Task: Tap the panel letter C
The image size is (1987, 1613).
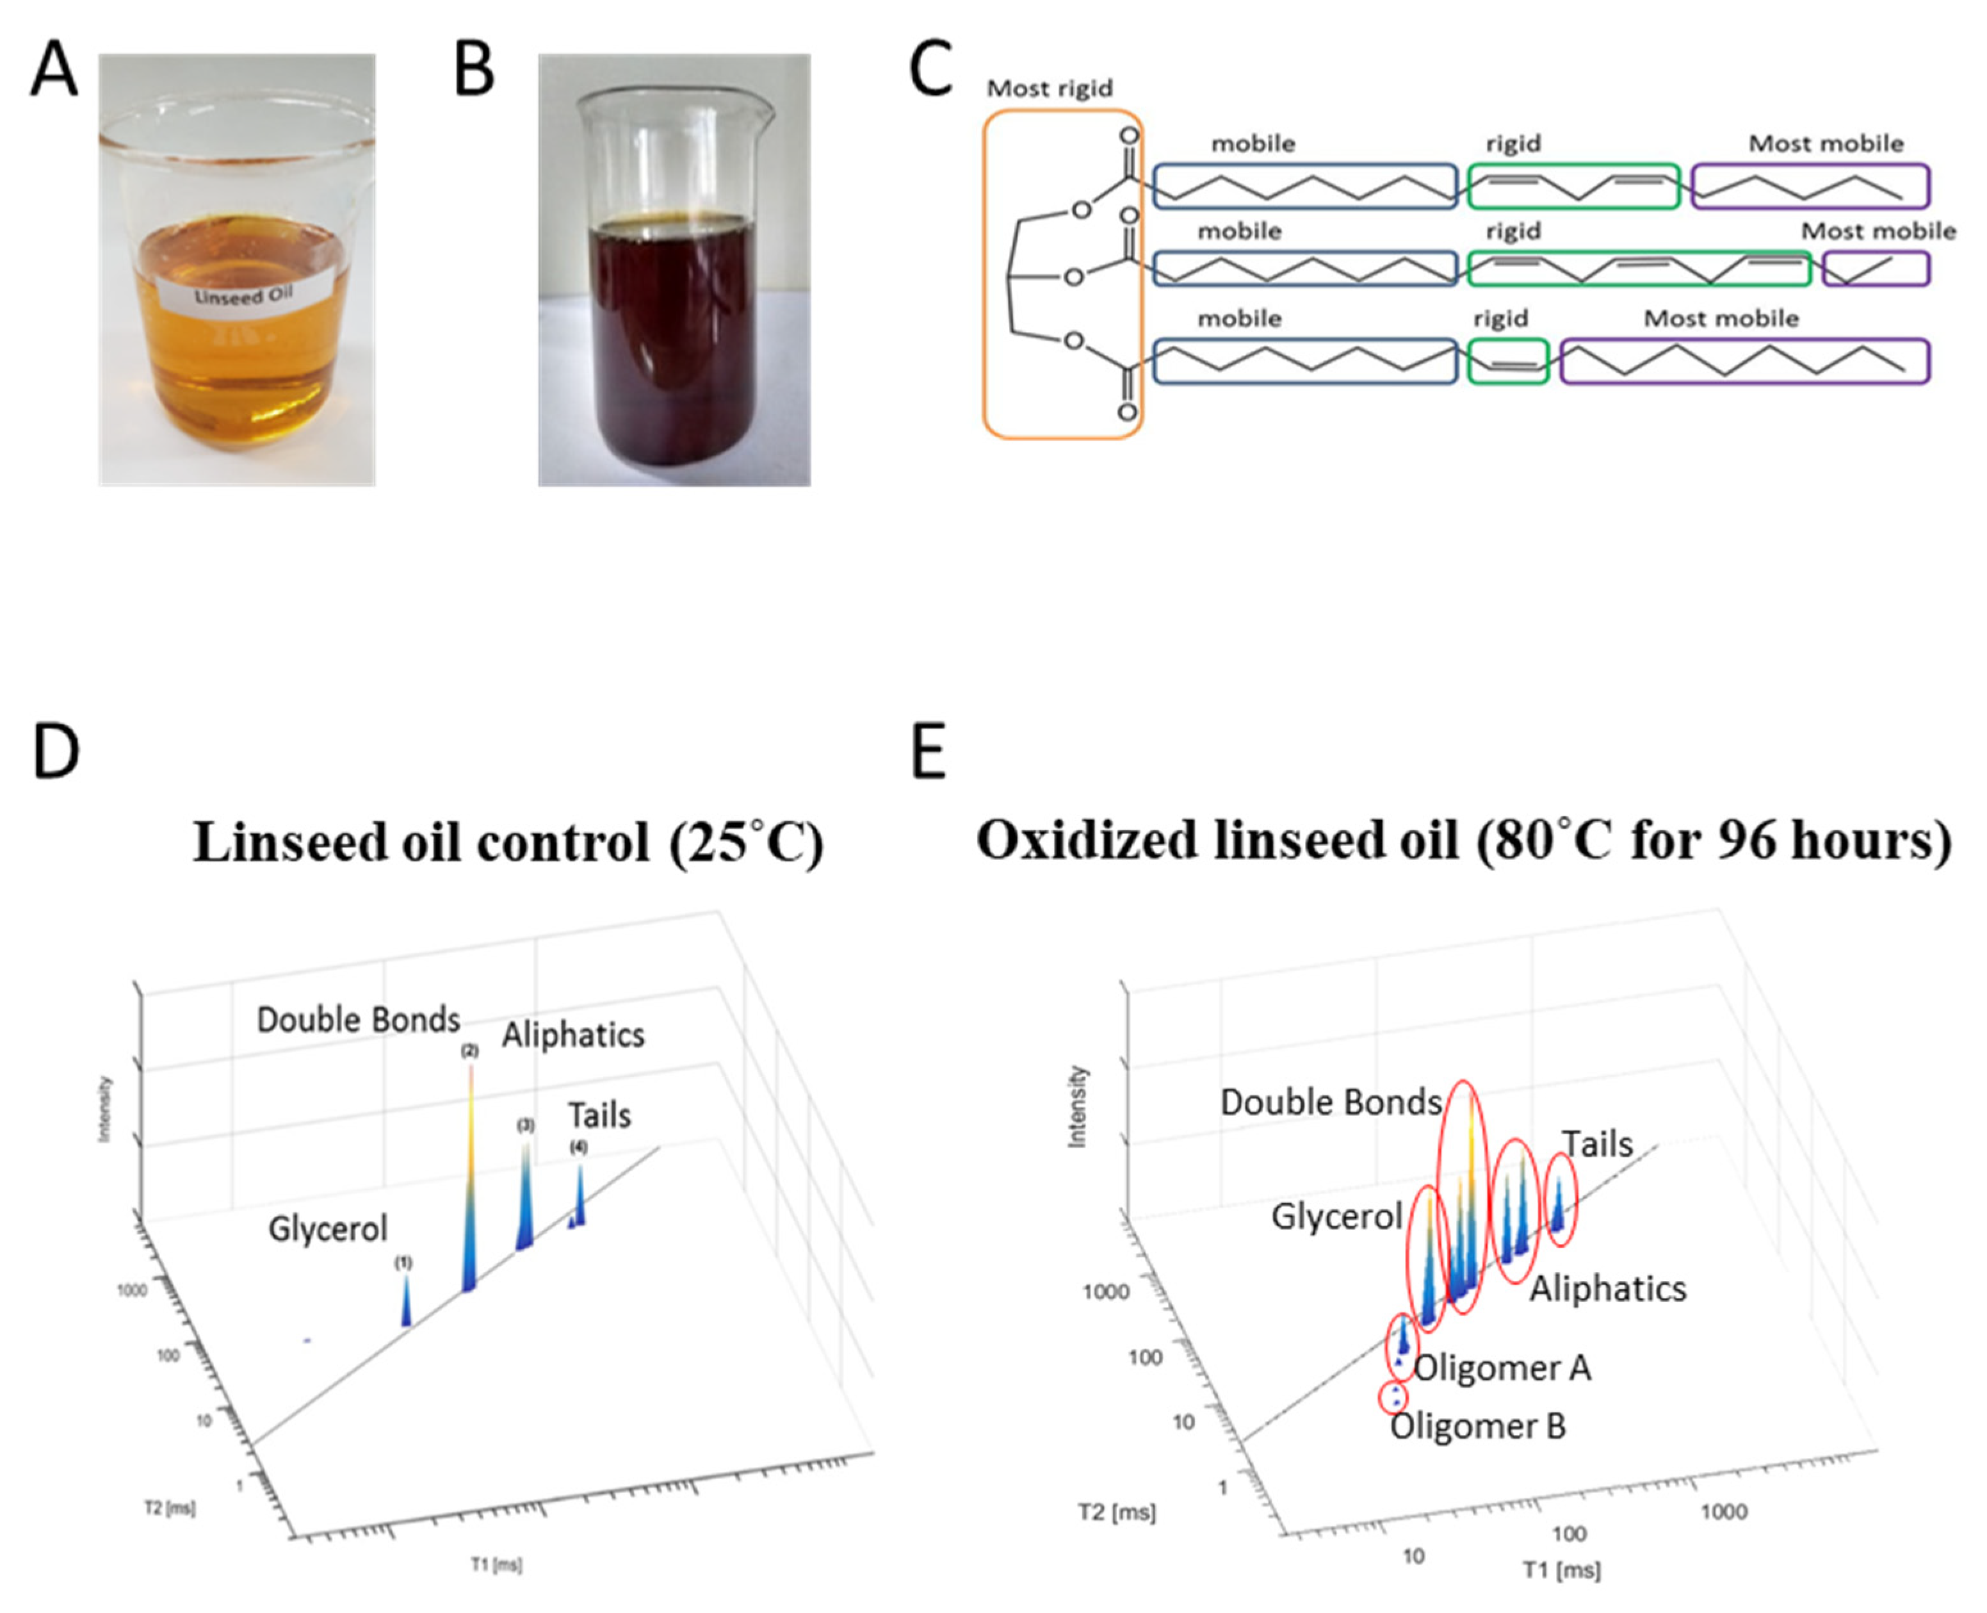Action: coord(930,70)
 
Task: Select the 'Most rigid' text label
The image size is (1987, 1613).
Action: coord(1049,88)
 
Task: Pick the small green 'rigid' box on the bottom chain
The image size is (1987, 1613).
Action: coord(1507,361)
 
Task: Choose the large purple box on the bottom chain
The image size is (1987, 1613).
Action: coord(1744,361)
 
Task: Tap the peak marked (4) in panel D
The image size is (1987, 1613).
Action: coord(580,1199)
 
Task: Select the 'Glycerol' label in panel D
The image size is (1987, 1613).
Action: coord(327,1229)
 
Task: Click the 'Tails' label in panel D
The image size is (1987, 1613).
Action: coord(599,1115)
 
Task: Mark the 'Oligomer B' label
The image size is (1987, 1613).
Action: coord(1477,1426)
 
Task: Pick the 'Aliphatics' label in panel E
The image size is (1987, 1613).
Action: coord(1607,1289)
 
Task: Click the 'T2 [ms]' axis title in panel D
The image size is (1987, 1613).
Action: coord(170,1507)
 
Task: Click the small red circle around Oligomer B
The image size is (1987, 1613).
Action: coord(1393,1396)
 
